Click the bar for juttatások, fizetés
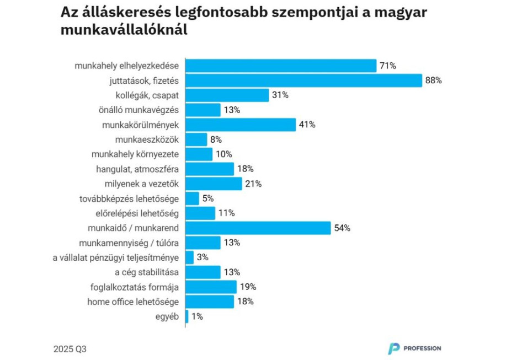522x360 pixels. click(304, 80)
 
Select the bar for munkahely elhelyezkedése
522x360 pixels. click(281, 66)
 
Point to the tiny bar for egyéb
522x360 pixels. click(187, 316)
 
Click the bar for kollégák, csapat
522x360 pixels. click(227, 95)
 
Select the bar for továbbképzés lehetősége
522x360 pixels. click(193, 198)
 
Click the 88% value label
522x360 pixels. click(434, 80)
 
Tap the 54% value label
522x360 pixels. click(342, 228)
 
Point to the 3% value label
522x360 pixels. click(203, 257)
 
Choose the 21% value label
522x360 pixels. click(253, 184)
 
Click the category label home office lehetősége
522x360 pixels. click(134, 302)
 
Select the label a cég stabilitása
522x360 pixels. click(147, 272)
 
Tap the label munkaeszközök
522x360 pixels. click(147, 139)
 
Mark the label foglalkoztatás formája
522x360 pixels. click(135, 287)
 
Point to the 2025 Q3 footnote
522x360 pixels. click(70, 349)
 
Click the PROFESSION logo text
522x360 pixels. click(422, 348)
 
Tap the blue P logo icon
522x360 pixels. click(393, 348)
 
